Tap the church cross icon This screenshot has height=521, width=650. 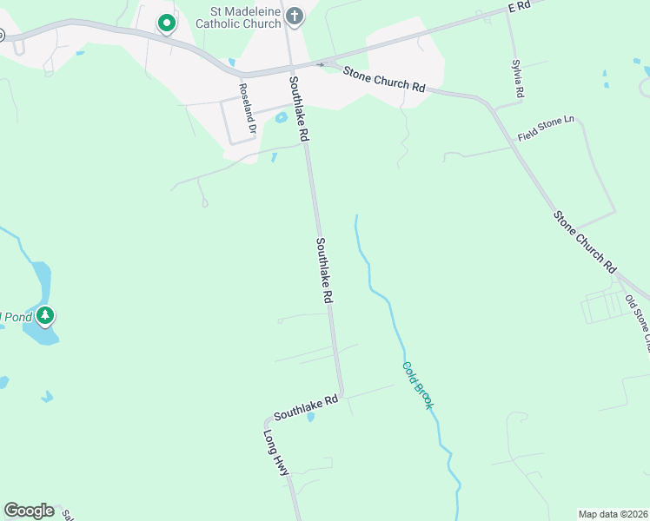click(x=295, y=16)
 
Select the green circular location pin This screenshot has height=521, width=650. click(x=165, y=23)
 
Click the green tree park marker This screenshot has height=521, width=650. click(x=45, y=314)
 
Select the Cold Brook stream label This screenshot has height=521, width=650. click(x=417, y=385)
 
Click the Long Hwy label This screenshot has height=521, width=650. click(x=275, y=452)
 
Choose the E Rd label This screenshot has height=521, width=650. click(x=519, y=6)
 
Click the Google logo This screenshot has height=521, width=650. click(x=29, y=511)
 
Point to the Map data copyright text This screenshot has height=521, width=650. click(x=613, y=513)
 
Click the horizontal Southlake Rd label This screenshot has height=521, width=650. click(x=305, y=403)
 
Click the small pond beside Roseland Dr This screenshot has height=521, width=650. click(x=281, y=118)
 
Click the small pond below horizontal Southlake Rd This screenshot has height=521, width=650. click(x=311, y=416)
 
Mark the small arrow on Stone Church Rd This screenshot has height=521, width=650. click(x=321, y=64)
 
